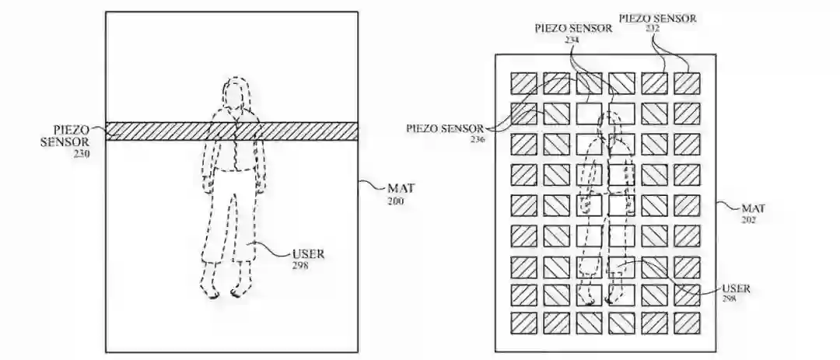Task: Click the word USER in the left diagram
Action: pyautogui.click(x=308, y=253)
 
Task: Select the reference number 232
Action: pyautogui.click(x=653, y=27)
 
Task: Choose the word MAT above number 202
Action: pyautogui.click(x=752, y=208)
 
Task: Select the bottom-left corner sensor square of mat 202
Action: pyautogui.click(x=522, y=323)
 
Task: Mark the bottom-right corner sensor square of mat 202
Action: pyautogui.click(x=686, y=323)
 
